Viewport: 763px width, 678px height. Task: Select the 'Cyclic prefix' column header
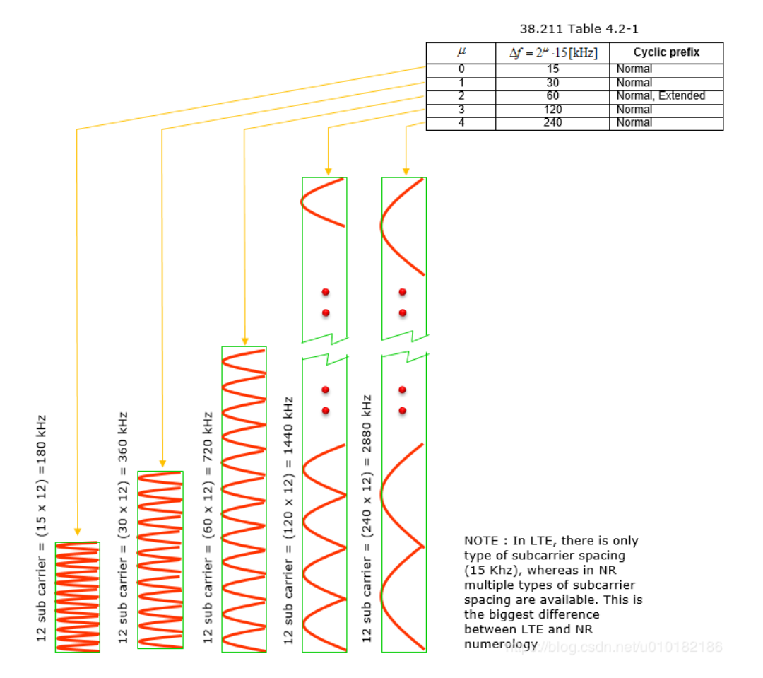click(666, 52)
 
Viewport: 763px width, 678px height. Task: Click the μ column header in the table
click(461, 52)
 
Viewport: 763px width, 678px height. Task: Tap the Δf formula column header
click(552, 52)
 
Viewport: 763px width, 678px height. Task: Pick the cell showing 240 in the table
click(552, 123)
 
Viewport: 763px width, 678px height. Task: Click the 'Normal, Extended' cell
click(661, 96)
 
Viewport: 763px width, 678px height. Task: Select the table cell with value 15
click(552, 69)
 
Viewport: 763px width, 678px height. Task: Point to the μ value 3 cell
click(461, 110)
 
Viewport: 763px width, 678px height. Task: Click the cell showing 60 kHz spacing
click(552, 96)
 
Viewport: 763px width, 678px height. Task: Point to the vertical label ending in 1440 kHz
click(288, 520)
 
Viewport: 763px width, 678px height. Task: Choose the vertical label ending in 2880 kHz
click(367, 520)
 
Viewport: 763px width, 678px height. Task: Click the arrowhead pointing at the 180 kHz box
click(78, 532)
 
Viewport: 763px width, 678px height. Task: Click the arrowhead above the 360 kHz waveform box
click(162, 464)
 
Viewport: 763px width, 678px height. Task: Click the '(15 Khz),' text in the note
click(490, 570)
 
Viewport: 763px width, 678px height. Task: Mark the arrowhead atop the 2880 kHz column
click(406, 170)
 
